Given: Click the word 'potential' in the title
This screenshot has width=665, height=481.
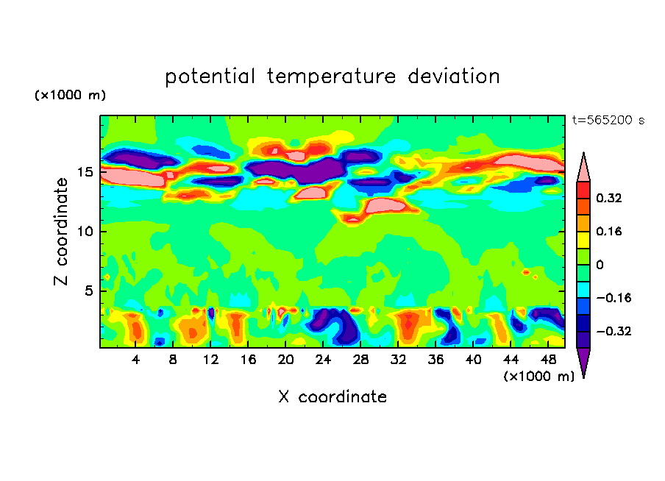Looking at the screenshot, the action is [x=210, y=76].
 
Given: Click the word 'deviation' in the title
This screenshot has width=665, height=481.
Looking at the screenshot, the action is [x=454, y=76].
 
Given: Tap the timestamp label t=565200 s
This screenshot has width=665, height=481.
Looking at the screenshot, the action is [x=608, y=120].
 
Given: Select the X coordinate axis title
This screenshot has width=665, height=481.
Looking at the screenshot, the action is [x=332, y=396].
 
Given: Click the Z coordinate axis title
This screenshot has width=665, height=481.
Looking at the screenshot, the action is [x=61, y=232].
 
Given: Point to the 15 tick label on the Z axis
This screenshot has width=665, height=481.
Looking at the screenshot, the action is [x=85, y=172].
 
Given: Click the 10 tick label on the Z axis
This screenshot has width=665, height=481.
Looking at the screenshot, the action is [x=85, y=232].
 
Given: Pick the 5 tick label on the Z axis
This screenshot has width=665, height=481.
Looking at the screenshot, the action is [x=89, y=291].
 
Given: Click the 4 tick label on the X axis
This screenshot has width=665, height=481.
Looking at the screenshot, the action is [x=135, y=360].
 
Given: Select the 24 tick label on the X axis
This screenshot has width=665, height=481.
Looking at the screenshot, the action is [x=323, y=360].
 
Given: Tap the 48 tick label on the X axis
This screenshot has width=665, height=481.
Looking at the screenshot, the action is [x=548, y=360].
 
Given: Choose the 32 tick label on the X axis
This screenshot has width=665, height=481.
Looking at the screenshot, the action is [x=398, y=360].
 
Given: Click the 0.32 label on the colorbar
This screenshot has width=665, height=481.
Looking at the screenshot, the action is [x=609, y=198].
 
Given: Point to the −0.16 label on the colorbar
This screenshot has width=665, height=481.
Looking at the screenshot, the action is [x=614, y=298].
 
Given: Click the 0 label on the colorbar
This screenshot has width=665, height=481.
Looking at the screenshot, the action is [x=600, y=265].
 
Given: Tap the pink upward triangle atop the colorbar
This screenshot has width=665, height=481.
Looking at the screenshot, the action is [x=583, y=167].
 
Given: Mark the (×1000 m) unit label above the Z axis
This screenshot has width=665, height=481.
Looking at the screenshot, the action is [x=70, y=95].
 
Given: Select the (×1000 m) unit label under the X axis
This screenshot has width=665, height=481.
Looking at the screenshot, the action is [x=538, y=377].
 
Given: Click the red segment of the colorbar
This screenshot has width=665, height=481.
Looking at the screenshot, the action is [x=583, y=190].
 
